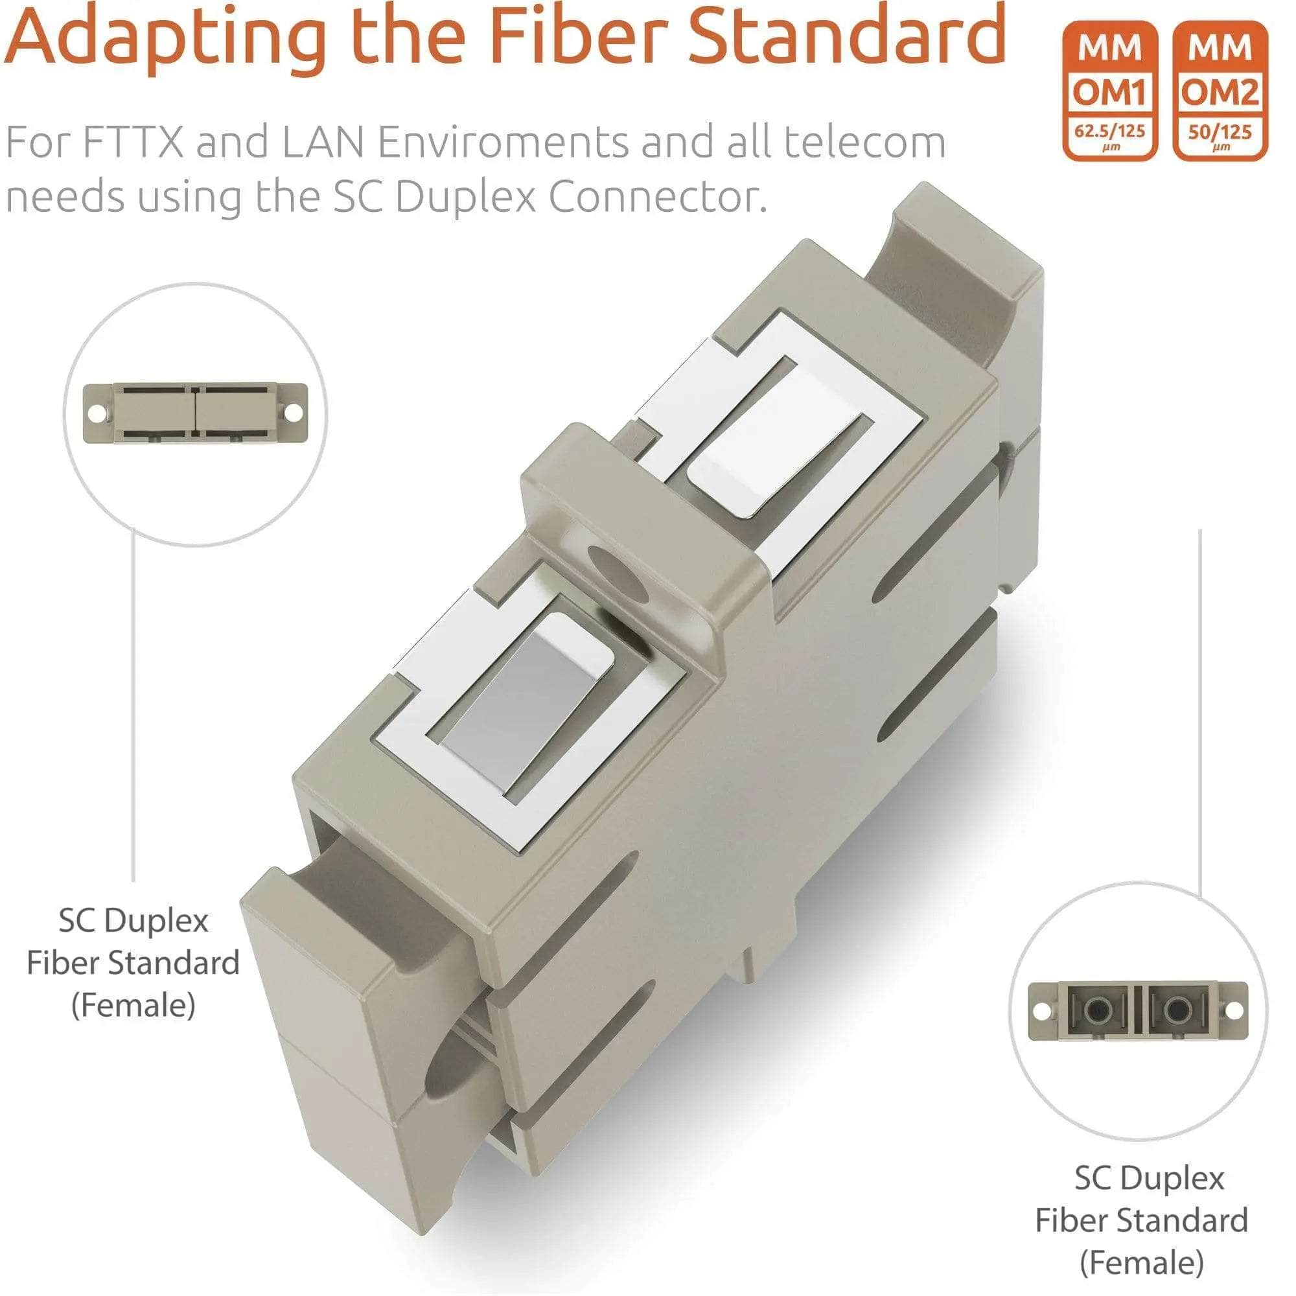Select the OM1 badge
[x=1109, y=91]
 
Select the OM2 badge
[x=1220, y=91]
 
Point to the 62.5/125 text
[x=1109, y=131]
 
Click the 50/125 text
[x=1220, y=132]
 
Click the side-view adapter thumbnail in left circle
[x=194, y=412]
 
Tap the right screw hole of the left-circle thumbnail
[x=293, y=412]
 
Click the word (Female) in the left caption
[x=133, y=1005]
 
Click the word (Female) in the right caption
[x=1142, y=1262]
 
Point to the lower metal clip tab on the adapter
[x=530, y=698]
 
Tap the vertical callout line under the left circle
[x=133, y=704]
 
